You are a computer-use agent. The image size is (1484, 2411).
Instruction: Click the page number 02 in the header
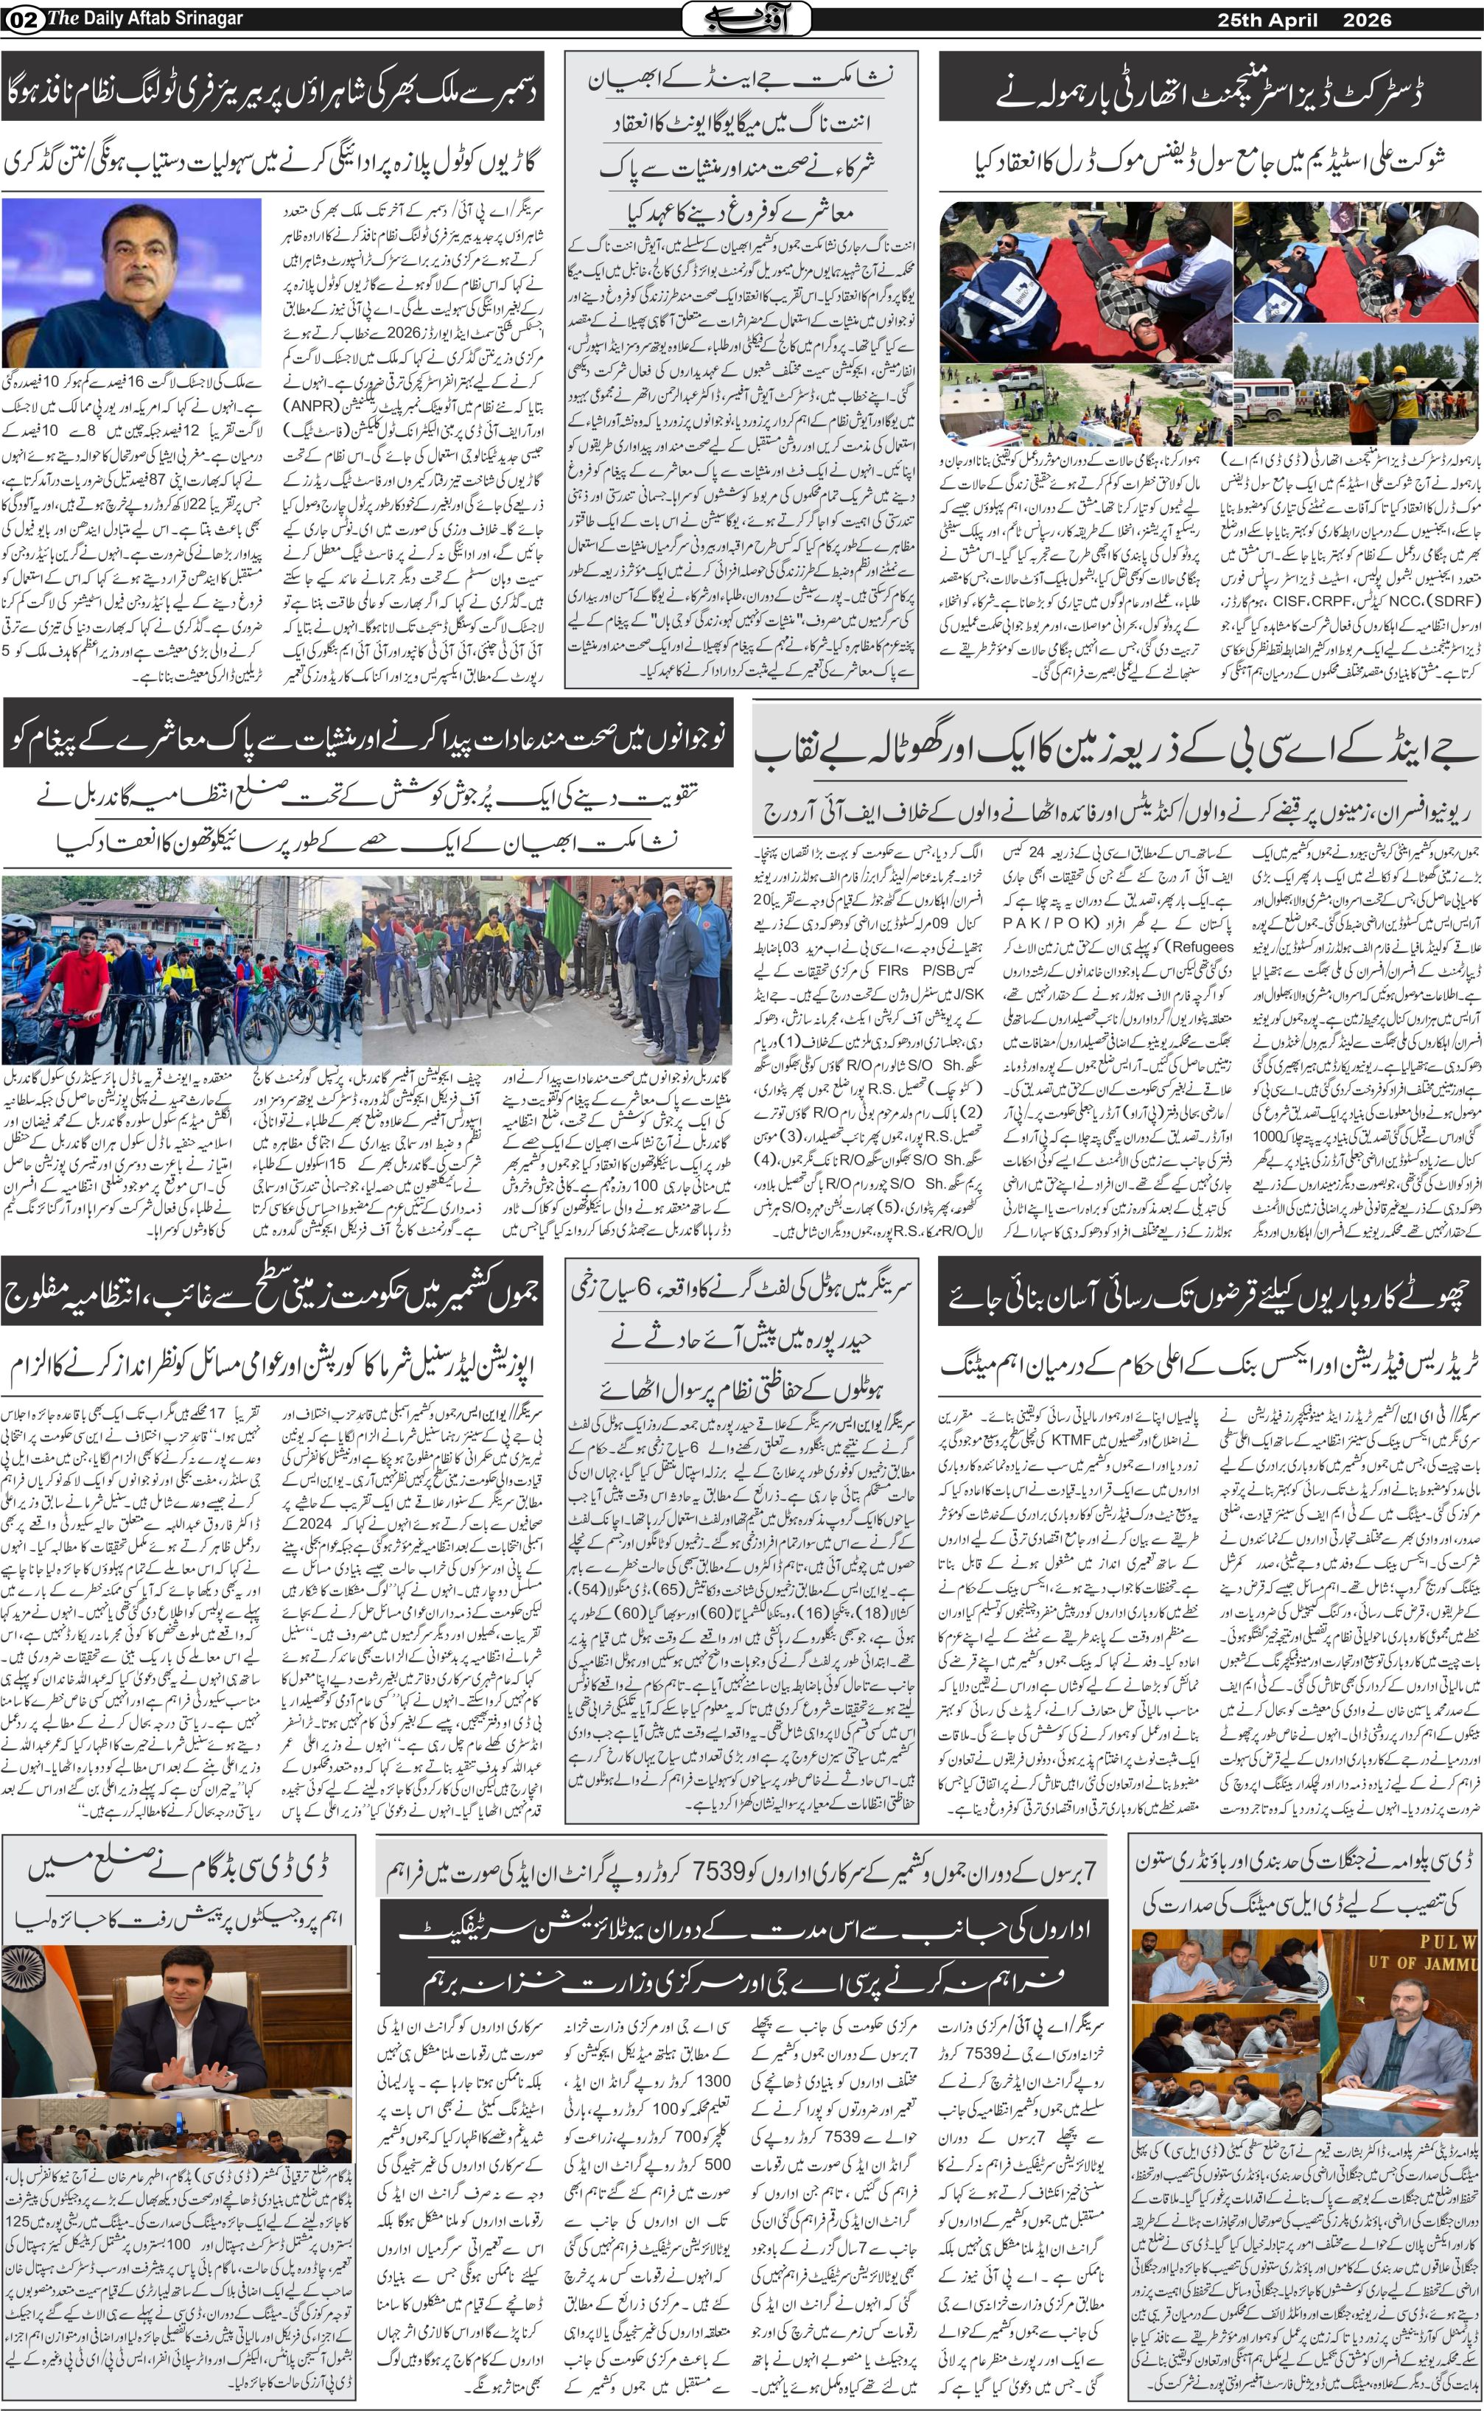(21, 18)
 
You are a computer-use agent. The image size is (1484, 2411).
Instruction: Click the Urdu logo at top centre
(746, 18)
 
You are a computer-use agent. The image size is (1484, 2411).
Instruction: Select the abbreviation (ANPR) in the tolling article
(314, 403)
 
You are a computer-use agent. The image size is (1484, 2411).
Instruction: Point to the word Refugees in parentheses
(1189, 946)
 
